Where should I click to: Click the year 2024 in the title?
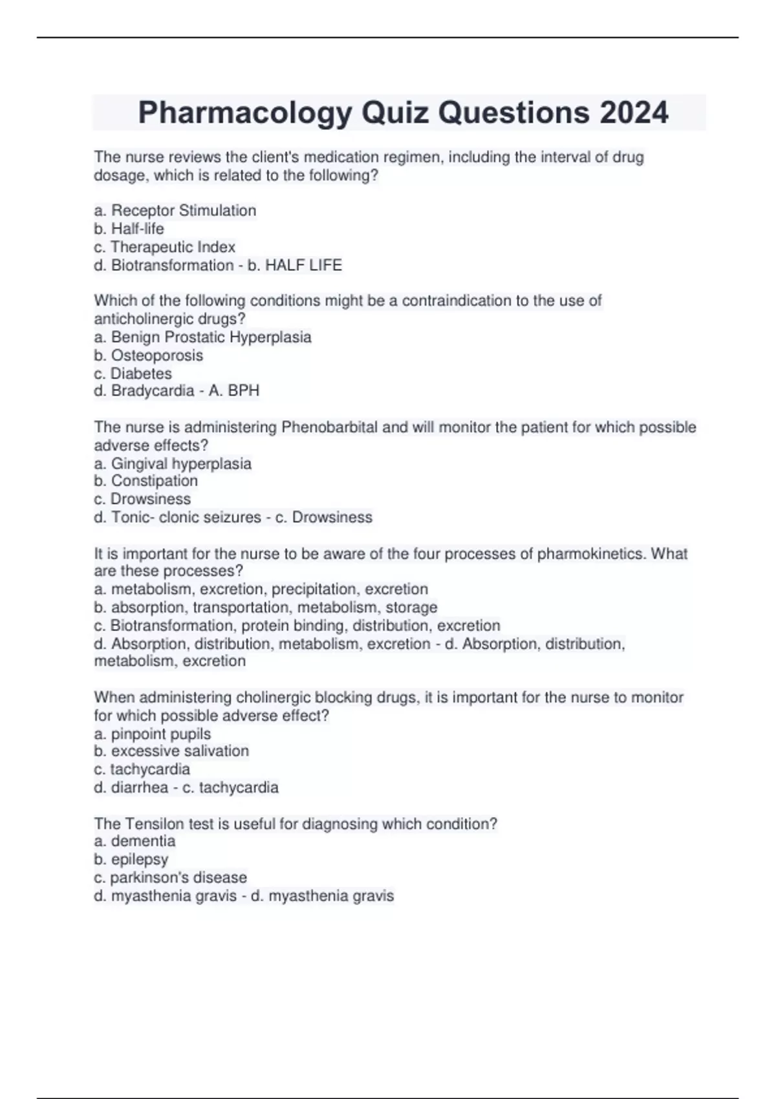click(x=633, y=112)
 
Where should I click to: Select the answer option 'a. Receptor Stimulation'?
click(x=175, y=211)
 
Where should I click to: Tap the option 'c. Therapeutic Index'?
click(x=164, y=247)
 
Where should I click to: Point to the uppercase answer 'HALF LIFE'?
click(x=304, y=265)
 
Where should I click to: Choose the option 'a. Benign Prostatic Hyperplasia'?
click(x=202, y=337)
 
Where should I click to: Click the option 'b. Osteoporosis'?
click(x=148, y=355)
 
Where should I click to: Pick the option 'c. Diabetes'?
click(x=133, y=374)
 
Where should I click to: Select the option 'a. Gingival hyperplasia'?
click(x=173, y=464)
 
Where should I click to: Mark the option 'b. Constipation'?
click(x=145, y=481)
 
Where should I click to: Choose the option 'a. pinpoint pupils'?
click(x=152, y=734)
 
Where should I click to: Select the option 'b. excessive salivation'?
click(x=171, y=751)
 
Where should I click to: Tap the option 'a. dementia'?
click(x=135, y=841)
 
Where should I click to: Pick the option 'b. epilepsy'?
click(x=131, y=859)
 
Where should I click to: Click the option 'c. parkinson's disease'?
click(x=170, y=877)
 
